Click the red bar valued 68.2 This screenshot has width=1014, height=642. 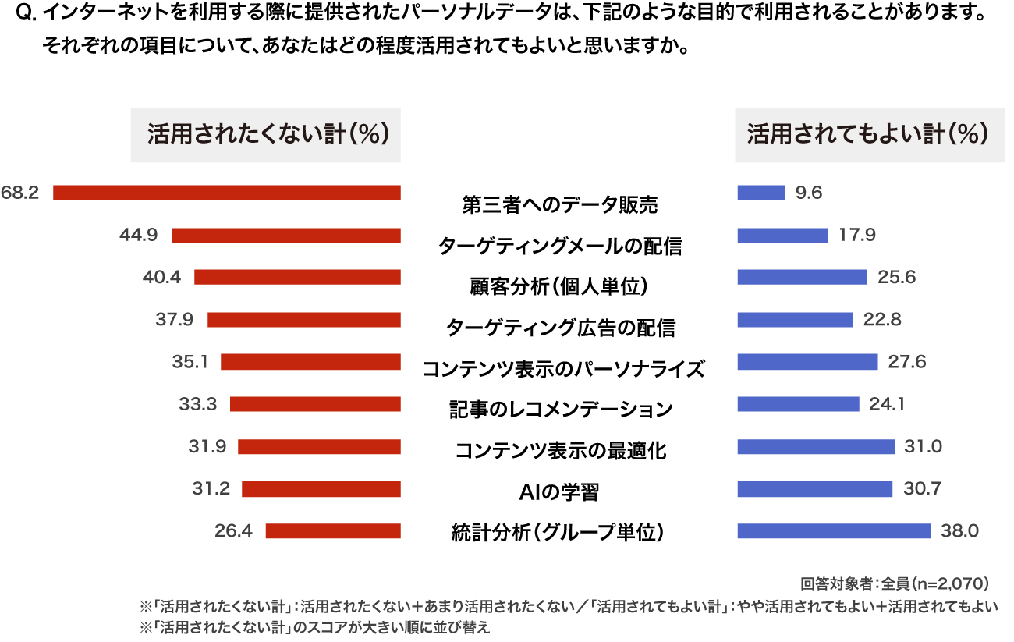(x=226, y=193)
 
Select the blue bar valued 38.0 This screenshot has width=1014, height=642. (x=834, y=530)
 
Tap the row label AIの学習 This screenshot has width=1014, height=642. (x=559, y=492)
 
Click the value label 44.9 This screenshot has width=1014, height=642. (x=139, y=236)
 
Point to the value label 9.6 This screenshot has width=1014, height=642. (x=809, y=193)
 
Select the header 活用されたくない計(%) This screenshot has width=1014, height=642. (x=265, y=135)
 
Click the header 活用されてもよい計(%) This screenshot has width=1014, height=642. (x=869, y=135)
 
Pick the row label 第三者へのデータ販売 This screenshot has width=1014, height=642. (x=559, y=205)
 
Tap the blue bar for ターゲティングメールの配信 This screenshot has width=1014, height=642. (x=782, y=235)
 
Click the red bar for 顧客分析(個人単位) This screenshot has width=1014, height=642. (x=297, y=277)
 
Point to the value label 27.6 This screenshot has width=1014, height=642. (x=906, y=362)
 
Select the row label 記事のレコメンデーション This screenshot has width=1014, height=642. (x=559, y=409)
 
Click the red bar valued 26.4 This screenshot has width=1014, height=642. (x=333, y=530)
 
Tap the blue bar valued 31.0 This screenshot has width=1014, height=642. (x=816, y=446)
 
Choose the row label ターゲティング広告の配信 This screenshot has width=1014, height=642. (x=559, y=328)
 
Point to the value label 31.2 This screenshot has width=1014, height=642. (x=211, y=488)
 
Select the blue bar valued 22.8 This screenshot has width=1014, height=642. (x=795, y=319)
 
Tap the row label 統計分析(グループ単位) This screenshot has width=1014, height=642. (x=559, y=534)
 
